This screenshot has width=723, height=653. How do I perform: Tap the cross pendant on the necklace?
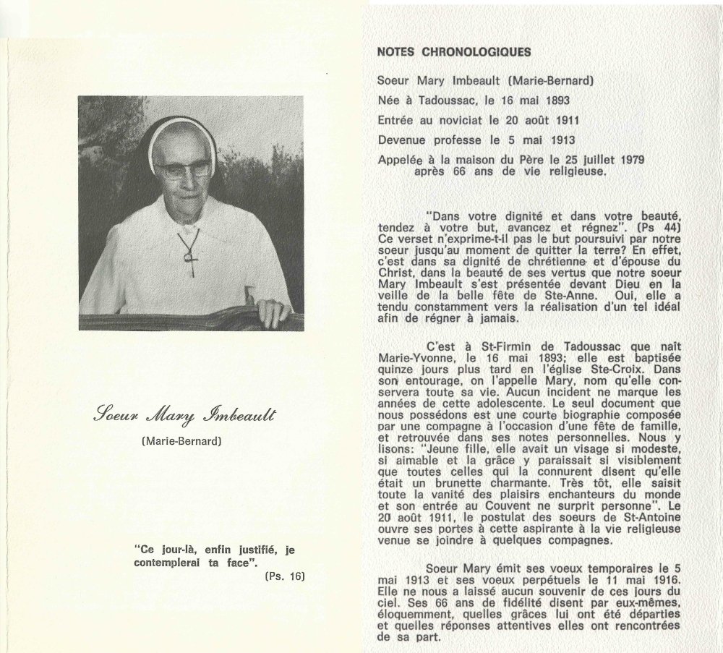tap(190, 254)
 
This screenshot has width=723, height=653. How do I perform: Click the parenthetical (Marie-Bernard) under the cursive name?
tap(181, 441)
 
